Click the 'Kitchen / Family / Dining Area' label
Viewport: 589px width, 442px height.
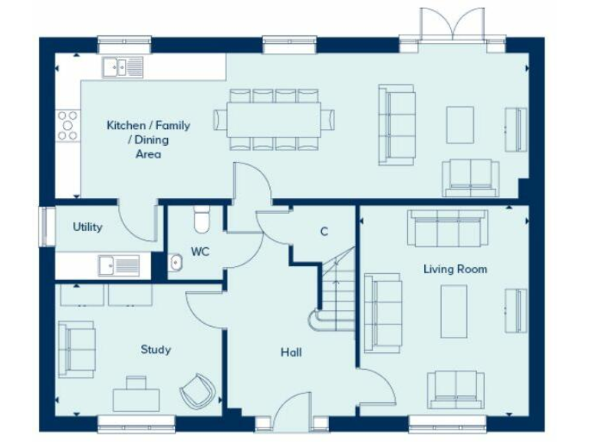148,140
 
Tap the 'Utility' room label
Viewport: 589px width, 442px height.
87,227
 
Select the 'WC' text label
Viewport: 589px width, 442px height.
200,251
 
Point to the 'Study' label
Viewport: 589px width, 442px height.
156,350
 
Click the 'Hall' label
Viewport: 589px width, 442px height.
291,353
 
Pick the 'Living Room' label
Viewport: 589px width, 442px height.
455,269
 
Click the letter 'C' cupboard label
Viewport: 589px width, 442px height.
324,232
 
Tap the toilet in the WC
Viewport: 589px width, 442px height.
202,219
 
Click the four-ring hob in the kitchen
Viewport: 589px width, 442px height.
67,124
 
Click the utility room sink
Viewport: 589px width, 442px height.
118,265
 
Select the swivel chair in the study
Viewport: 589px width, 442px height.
199,390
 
